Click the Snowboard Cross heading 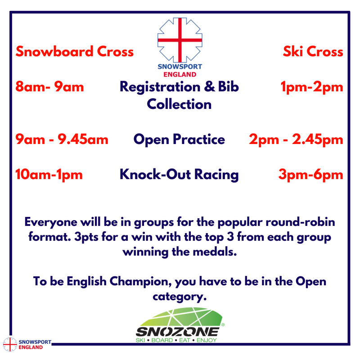pos(75,51)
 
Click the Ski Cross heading pos(313,51)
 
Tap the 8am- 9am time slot pos(49,87)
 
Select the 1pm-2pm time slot pos(312,87)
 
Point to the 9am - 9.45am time pos(62,139)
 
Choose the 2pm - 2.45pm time pos(296,139)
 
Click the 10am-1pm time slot pos(49,175)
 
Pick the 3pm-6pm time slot pos(310,175)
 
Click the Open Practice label pos(179,139)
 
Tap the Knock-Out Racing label pos(179,175)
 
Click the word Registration pos(160,87)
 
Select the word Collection pos(179,104)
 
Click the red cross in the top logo pos(180,40)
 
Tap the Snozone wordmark pos(177,332)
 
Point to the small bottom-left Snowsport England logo pos(27,344)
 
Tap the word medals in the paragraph pos(215,252)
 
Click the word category pos(180,297)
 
